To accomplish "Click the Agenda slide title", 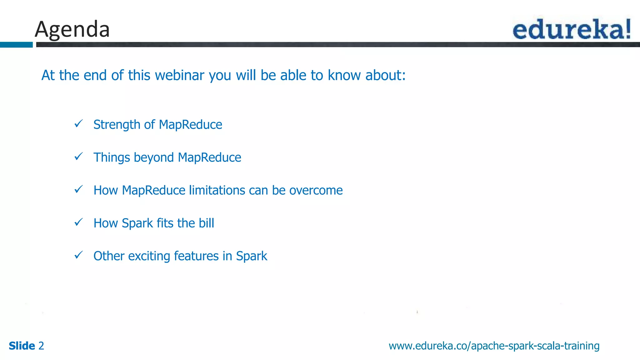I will click(x=72, y=29).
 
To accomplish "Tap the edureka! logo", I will click(x=572, y=29).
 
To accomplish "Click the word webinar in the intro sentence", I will click(x=179, y=75).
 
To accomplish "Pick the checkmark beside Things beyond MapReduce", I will click(x=78, y=156).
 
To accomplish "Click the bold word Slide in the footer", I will click(x=22, y=346).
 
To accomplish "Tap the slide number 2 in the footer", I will click(x=41, y=346).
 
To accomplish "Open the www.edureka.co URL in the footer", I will click(x=494, y=346).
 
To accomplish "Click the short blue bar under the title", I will click(x=16, y=45).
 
